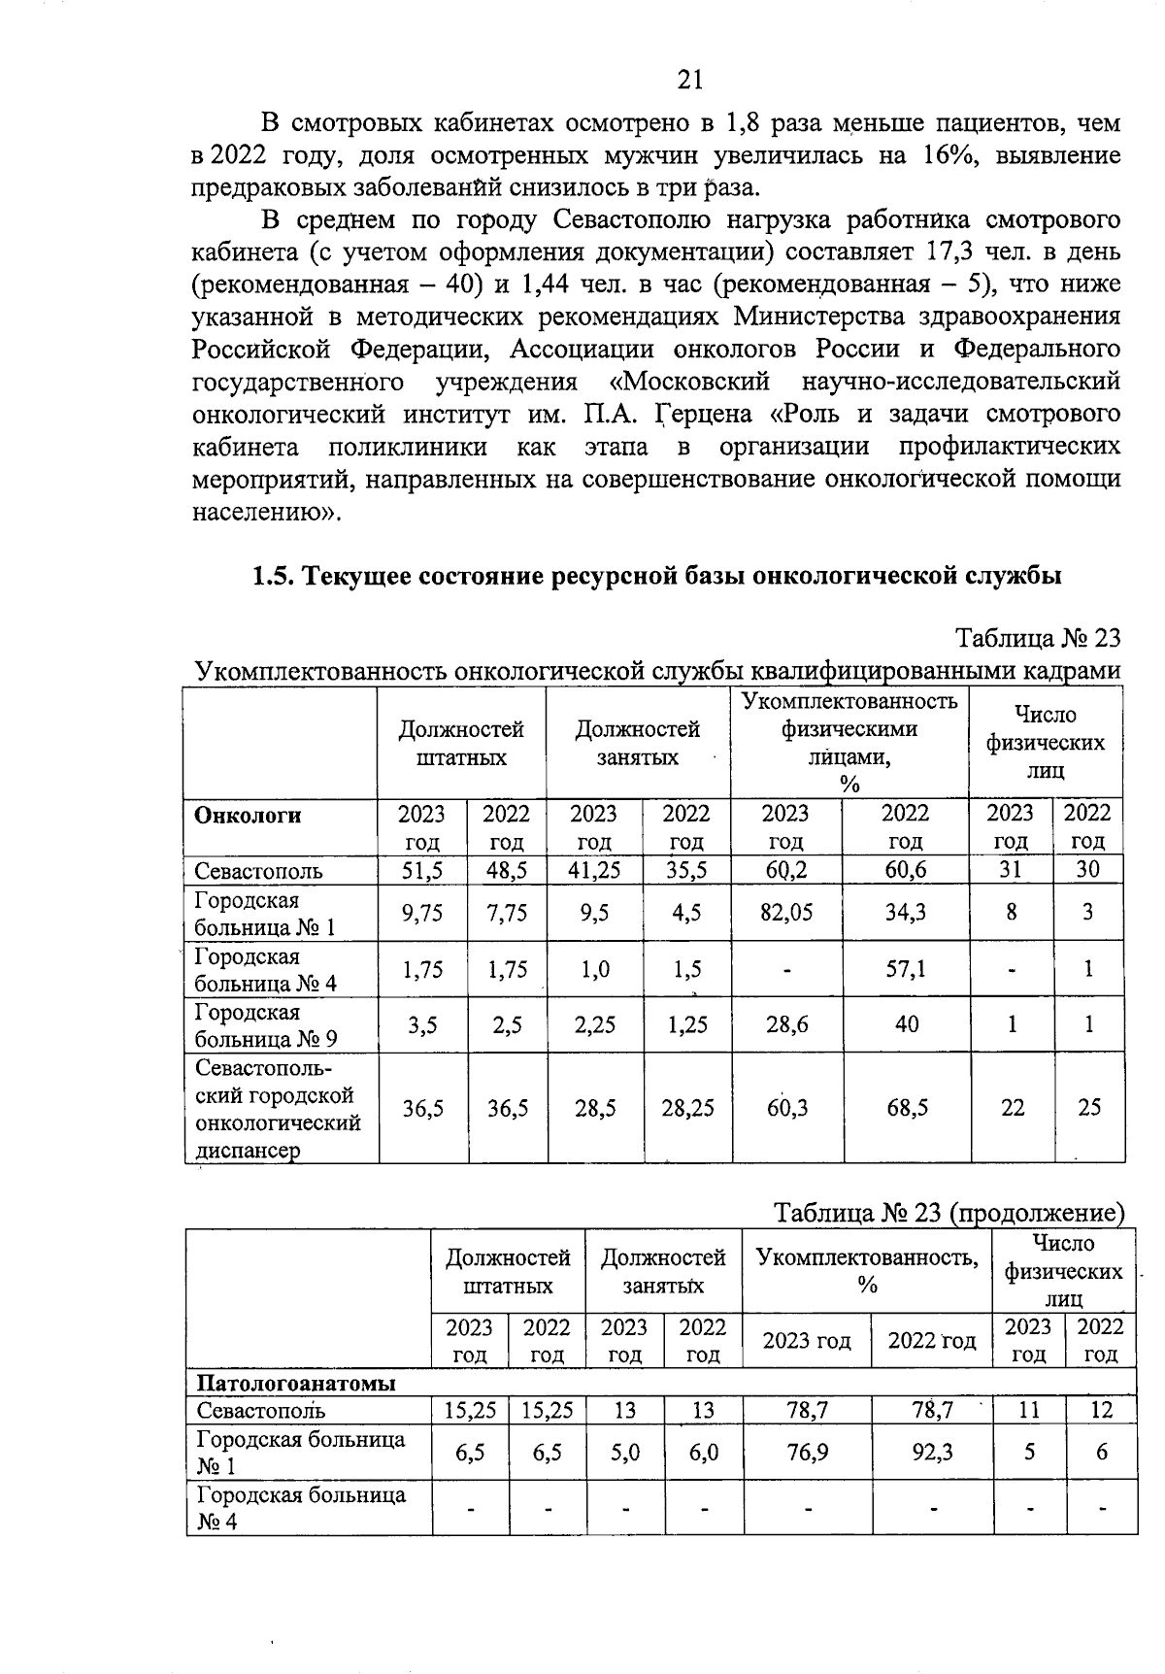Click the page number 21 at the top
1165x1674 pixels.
[x=689, y=80]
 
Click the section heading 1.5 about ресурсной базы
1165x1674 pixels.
[x=656, y=576]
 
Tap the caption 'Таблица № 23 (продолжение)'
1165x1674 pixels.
[x=949, y=1213]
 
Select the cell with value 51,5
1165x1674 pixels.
[x=422, y=870]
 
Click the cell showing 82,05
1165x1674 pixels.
[x=786, y=913]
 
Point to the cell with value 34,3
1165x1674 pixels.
[x=906, y=913]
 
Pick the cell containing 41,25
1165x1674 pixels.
[x=594, y=870]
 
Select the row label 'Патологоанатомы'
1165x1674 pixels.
[x=296, y=1383]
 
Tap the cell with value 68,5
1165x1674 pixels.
[x=907, y=1108]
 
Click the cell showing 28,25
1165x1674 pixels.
[x=687, y=1108]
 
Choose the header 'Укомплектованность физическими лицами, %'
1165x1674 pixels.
[x=849, y=742]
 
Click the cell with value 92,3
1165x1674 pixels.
[x=931, y=1452]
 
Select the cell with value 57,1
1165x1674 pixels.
[x=906, y=969]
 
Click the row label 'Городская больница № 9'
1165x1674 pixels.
[x=266, y=1025]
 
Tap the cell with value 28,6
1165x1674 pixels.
[x=786, y=1024]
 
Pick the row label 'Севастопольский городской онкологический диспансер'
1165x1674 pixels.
[x=278, y=1109]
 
